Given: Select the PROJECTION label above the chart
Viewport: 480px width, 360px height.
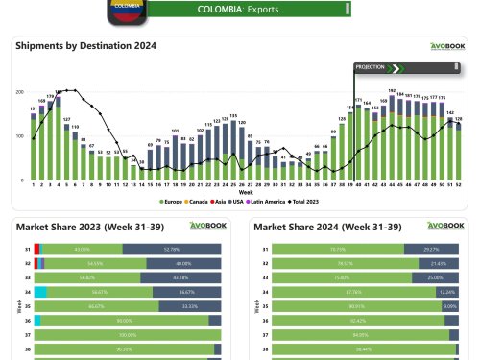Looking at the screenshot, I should pos(370,67).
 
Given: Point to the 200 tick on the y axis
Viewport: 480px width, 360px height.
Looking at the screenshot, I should pos(20,92).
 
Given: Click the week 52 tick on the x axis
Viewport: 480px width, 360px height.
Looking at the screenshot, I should pos(459,184).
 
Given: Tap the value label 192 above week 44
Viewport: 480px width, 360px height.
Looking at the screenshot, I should pos(392,90).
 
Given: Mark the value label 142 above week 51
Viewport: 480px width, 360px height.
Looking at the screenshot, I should pos(450,112).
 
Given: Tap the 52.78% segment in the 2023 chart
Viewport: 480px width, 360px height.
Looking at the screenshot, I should pos(172,248).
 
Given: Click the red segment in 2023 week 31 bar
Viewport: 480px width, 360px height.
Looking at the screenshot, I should pos(36,248).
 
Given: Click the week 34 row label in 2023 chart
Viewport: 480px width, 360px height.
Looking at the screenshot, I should pos(28,292).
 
